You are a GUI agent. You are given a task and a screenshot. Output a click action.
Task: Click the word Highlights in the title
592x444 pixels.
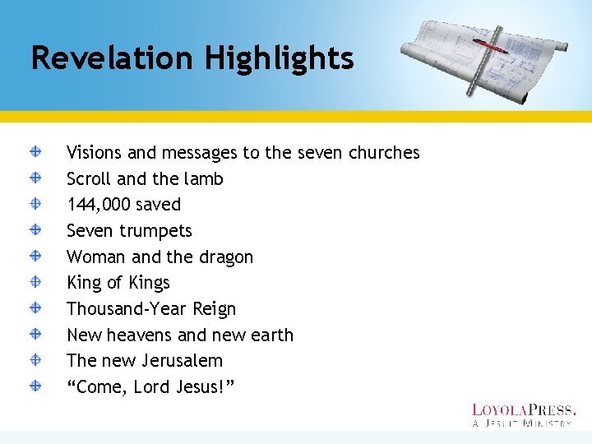click(x=280, y=59)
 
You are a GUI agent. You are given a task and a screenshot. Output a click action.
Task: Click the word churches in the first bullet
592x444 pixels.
click(x=384, y=153)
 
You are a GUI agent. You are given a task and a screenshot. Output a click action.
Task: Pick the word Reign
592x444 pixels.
click(x=214, y=309)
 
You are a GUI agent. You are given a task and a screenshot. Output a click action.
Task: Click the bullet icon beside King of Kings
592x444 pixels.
click(x=38, y=282)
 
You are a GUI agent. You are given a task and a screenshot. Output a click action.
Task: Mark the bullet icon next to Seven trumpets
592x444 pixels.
click(x=38, y=230)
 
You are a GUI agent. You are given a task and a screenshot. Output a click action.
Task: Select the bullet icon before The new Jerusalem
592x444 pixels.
click(x=38, y=360)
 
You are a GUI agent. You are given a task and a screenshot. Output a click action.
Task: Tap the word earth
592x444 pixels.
click(x=271, y=335)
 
